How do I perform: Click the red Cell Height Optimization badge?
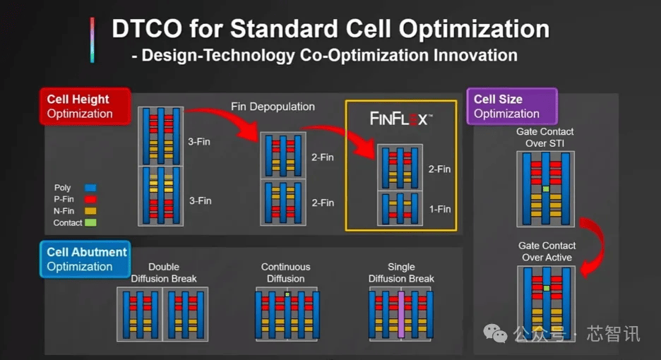(85, 106)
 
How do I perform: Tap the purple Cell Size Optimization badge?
(512, 106)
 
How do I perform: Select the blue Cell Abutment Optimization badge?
(85, 259)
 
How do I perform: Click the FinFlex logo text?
(401, 119)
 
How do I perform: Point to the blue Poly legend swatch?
(90, 188)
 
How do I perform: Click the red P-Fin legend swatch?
(90, 199)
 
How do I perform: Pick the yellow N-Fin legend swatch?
(90, 211)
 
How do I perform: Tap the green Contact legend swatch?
(90, 222)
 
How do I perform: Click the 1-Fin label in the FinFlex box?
(440, 209)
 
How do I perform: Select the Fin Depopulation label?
(273, 107)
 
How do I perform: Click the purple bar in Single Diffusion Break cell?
(401, 314)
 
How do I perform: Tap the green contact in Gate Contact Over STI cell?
(546, 189)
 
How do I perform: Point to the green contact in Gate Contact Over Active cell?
(547, 288)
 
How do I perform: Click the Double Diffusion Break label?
(164, 272)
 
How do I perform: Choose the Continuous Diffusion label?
(285, 272)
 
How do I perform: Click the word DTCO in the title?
(147, 29)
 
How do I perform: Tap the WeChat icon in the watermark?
(495, 333)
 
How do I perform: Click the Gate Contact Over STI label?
(544, 138)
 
